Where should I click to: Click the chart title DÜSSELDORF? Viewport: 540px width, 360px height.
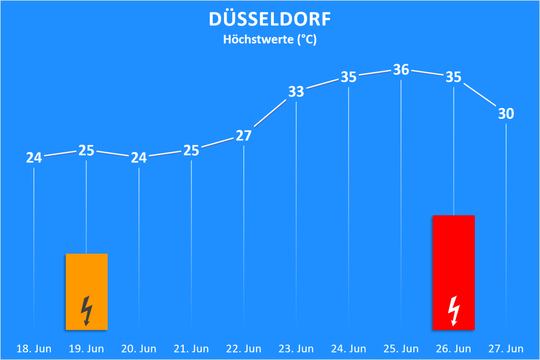pos(270,19)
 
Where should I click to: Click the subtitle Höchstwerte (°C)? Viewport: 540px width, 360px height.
pos(270,39)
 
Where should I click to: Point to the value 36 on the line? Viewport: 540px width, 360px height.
pos(401,70)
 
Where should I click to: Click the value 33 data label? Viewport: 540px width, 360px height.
pos(296,92)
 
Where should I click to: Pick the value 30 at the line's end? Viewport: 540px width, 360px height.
pos(506,114)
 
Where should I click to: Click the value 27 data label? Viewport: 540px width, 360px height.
pos(244,136)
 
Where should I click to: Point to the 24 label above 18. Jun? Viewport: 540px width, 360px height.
pos(34,158)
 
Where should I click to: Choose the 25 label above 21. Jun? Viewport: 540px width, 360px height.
pos(191,150)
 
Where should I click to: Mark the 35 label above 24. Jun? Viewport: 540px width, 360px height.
pos(349,77)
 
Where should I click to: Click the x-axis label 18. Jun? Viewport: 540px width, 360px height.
pos(34,349)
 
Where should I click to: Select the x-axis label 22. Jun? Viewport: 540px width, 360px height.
pos(244,349)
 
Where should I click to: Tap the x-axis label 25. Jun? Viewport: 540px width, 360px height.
pos(401,349)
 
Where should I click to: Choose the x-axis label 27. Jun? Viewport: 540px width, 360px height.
pos(506,349)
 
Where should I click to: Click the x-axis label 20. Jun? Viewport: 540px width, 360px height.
pos(139,349)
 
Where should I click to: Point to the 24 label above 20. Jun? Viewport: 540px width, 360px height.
pos(139,158)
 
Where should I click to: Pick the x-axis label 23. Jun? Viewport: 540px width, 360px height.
pos(296,349)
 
